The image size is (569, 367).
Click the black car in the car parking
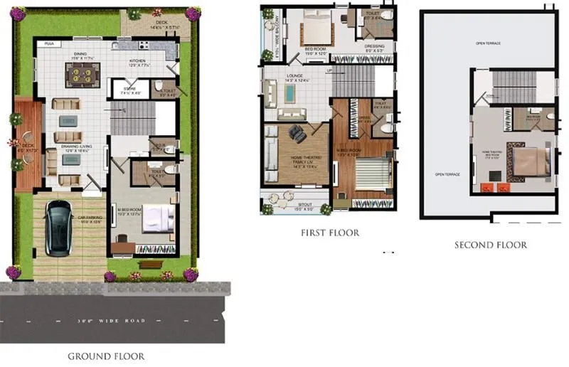coord(58,227)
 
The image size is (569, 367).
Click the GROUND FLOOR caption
coord(107,356)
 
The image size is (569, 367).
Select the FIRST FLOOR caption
coord(330,233)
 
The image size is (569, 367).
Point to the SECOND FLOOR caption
coord(491,245)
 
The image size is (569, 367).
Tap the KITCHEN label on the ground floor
coord(138,61)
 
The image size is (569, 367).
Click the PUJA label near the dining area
coord(49,44)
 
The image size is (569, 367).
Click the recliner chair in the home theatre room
coord(295,133)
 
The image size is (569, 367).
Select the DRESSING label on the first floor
coord(374,47)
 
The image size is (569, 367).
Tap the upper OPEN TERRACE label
coord(488,43)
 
